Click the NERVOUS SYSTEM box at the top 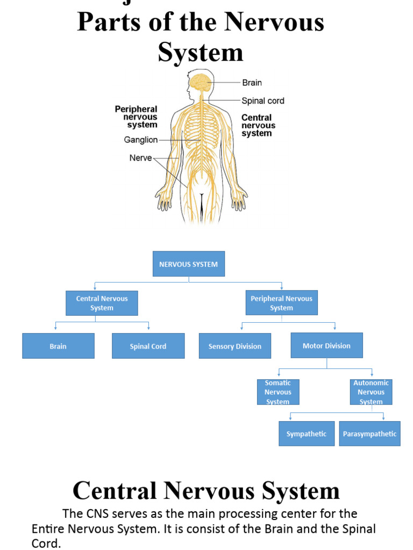pos(188,264)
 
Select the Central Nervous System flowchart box pos(102,303)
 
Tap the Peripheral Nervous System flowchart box pos(281,303)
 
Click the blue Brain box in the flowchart pos(58,346)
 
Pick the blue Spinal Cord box pos(148,346)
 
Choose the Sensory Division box pos(234,346)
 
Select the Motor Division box pos(326,345)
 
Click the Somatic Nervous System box pos(277,392)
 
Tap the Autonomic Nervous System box pos(371,392)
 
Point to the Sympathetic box pos(306,433)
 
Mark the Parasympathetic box pos(369,433)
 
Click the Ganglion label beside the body pos(141,140)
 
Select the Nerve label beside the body pos(140,158)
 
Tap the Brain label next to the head pos(252,83)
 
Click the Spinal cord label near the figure pos(262,100)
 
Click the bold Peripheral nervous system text pos(136,117)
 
